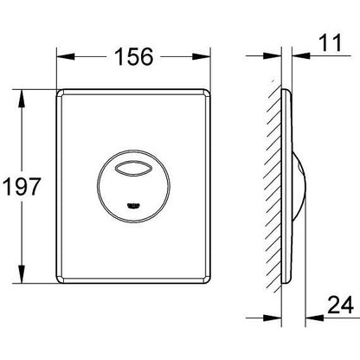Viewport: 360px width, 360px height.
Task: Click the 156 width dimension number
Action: click(x=133, y=56)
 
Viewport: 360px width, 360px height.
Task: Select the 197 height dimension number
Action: click(x=22, y=186)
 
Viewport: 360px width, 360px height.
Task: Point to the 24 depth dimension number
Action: click(x=340, y=305)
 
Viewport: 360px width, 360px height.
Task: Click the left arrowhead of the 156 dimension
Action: click(x=66, y=56)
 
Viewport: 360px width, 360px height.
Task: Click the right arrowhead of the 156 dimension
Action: click(x=201, y=56)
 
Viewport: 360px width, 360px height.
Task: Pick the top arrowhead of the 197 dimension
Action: click(x=22, y=99)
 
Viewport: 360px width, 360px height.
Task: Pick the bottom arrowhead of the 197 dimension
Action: click(x=22, y=274)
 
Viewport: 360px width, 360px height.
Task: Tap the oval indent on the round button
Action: click(x=133, y=168)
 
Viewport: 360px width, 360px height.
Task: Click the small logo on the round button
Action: click(x=133, y=205)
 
